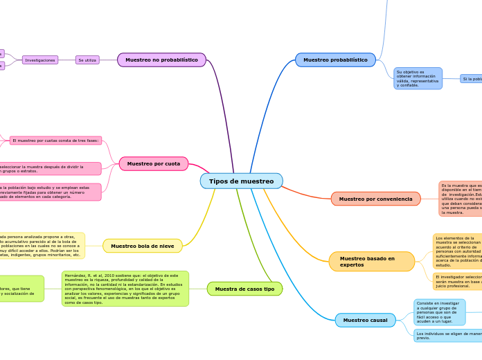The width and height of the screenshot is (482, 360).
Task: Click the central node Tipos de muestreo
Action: point(241,181)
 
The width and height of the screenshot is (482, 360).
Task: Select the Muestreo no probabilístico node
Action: point(161,60)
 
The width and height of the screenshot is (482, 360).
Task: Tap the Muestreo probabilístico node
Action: point(335,60)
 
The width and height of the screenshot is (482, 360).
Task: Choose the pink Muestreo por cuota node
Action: point(154,164)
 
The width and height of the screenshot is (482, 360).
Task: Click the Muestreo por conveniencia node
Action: point(375,199)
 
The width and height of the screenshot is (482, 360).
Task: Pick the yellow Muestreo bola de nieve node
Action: point(143,246)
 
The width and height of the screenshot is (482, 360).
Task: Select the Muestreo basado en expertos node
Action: point(371,262)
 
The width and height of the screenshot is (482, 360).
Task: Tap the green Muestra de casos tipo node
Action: point(244,289)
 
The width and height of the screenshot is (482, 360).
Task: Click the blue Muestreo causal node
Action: point(365,321)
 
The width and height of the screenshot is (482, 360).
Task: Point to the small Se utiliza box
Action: point(87,60)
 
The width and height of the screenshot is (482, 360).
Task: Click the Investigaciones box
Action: point(40,60)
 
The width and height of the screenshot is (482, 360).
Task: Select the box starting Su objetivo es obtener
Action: point(418,78)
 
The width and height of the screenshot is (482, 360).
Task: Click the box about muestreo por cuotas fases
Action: point(55,141)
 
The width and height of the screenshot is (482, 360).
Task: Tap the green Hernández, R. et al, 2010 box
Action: point(125,289)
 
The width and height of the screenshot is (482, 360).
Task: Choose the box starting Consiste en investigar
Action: point(439,312)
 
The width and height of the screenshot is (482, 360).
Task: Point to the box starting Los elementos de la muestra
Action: point(458,251)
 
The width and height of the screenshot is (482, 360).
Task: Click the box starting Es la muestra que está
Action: point(461,199)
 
